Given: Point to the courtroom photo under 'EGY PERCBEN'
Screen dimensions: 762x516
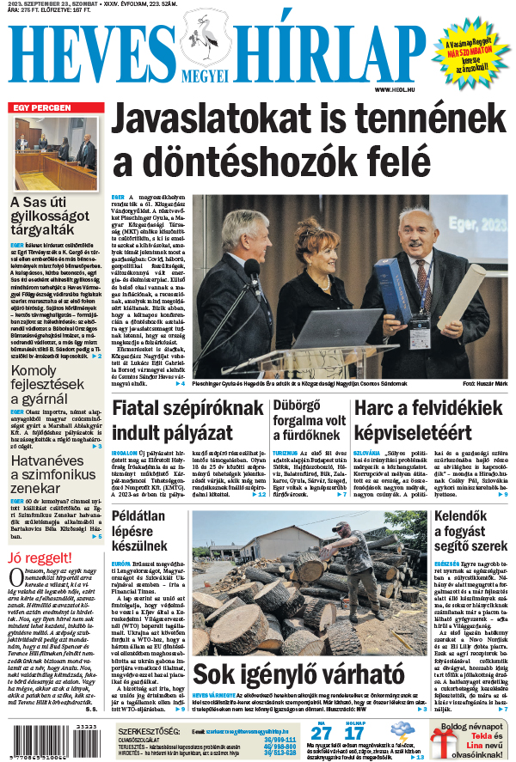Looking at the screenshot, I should (x=57, y=155).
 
